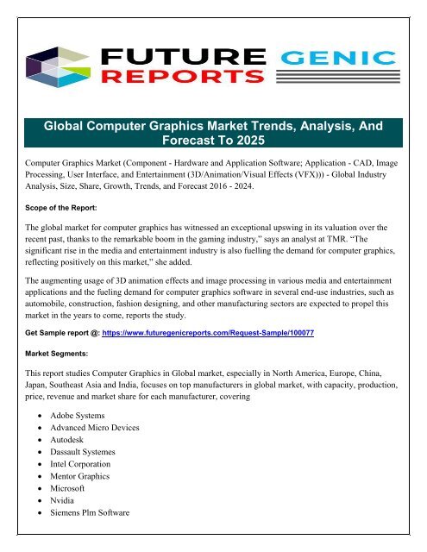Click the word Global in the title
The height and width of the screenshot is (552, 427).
point(70,126)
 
